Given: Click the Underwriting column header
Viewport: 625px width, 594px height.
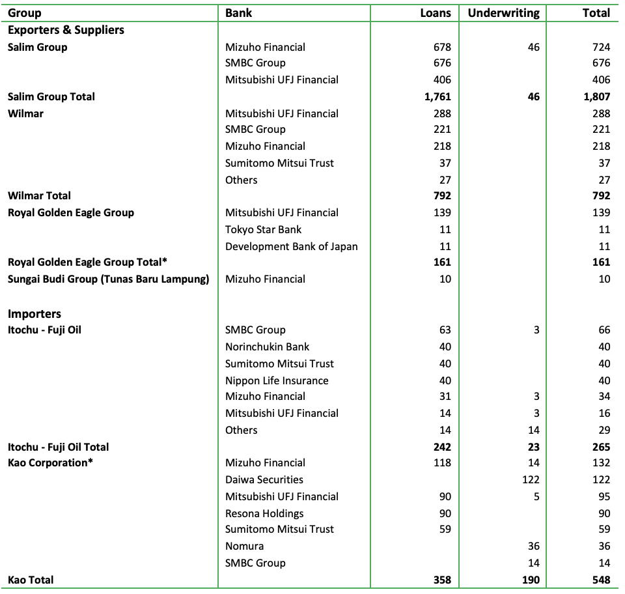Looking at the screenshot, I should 503,13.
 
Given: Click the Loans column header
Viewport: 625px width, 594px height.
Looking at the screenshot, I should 436,13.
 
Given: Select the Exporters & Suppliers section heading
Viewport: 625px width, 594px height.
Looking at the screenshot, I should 66,30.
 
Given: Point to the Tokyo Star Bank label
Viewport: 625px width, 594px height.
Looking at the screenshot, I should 263,229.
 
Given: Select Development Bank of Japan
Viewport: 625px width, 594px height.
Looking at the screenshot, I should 291,246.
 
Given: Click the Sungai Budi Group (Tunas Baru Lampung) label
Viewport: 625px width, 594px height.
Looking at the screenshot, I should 109,279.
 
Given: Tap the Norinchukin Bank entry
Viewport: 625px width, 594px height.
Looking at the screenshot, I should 267,346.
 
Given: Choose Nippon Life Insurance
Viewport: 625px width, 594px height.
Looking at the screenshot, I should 277,380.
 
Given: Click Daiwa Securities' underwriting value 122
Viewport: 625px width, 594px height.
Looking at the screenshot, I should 531,479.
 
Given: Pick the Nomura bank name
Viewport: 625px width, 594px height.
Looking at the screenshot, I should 244,546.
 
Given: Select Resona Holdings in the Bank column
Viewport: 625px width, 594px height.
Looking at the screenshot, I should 264,513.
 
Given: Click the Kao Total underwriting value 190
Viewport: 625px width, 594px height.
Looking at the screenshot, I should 531,580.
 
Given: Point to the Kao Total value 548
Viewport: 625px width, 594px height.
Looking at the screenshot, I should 597,580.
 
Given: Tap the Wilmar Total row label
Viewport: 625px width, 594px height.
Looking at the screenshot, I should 39,195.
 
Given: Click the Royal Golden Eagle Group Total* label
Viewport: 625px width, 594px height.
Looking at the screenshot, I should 88,262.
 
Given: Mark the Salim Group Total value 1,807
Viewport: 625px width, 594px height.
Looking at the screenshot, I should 594,96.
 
